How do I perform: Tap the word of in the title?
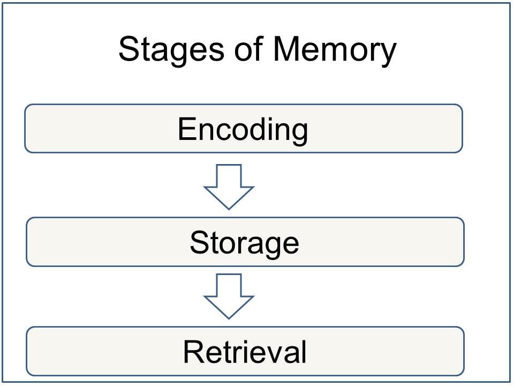tap(250, 49)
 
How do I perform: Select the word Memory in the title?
tap(334, 49)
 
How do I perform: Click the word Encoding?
tap(243, 130)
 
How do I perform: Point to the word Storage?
tap(244, 242)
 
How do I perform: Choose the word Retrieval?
tap(245, 352)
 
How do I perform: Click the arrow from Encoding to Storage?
tap(229, 186)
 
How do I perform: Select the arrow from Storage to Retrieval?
tap(229, 296)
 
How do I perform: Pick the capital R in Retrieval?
tap(192, 352)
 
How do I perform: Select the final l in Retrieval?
tap(304, 352)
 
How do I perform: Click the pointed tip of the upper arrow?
tap(229, 207)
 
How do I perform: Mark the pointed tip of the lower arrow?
tap(229, 317)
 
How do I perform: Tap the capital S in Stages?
tap(128, 49)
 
